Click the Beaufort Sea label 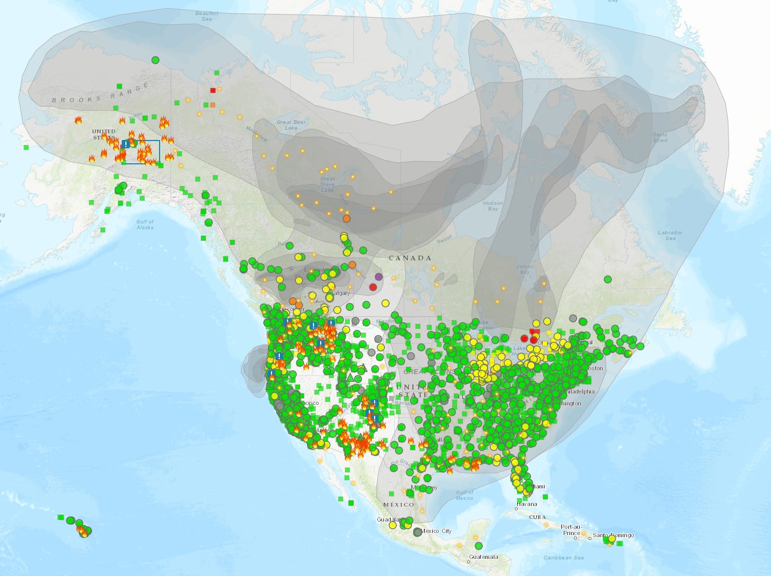point(207,16)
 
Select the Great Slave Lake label point(327,184)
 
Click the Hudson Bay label point(493,206)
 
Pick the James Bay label point(524,269)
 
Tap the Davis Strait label point(660,137)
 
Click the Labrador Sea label point(670,235)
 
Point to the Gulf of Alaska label point(145,224)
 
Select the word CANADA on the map point(410,258)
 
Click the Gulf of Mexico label point(465,495)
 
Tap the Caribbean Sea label point(564,557)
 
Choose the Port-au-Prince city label point(572,529)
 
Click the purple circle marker point(379,277)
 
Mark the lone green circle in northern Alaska point(155,60)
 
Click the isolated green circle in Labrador point(608,279)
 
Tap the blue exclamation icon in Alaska point(126,144)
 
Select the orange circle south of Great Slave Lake point(347,219)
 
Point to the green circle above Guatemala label point(478,545)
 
